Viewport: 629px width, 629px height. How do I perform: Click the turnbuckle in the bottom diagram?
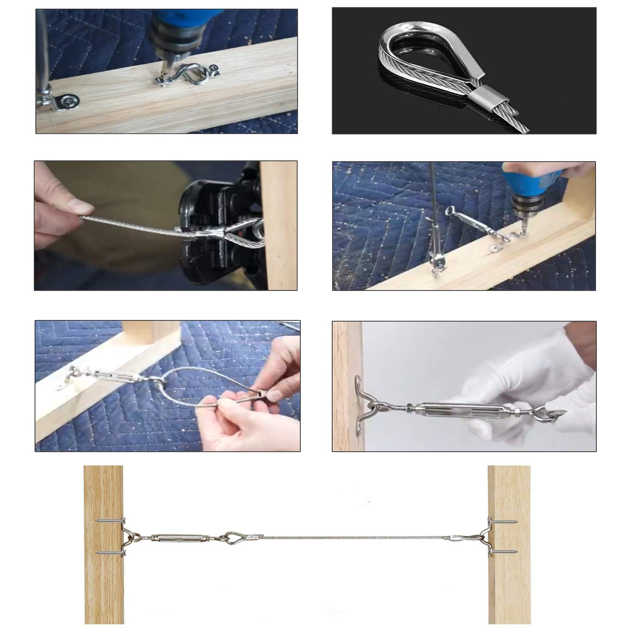(173, 537)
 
